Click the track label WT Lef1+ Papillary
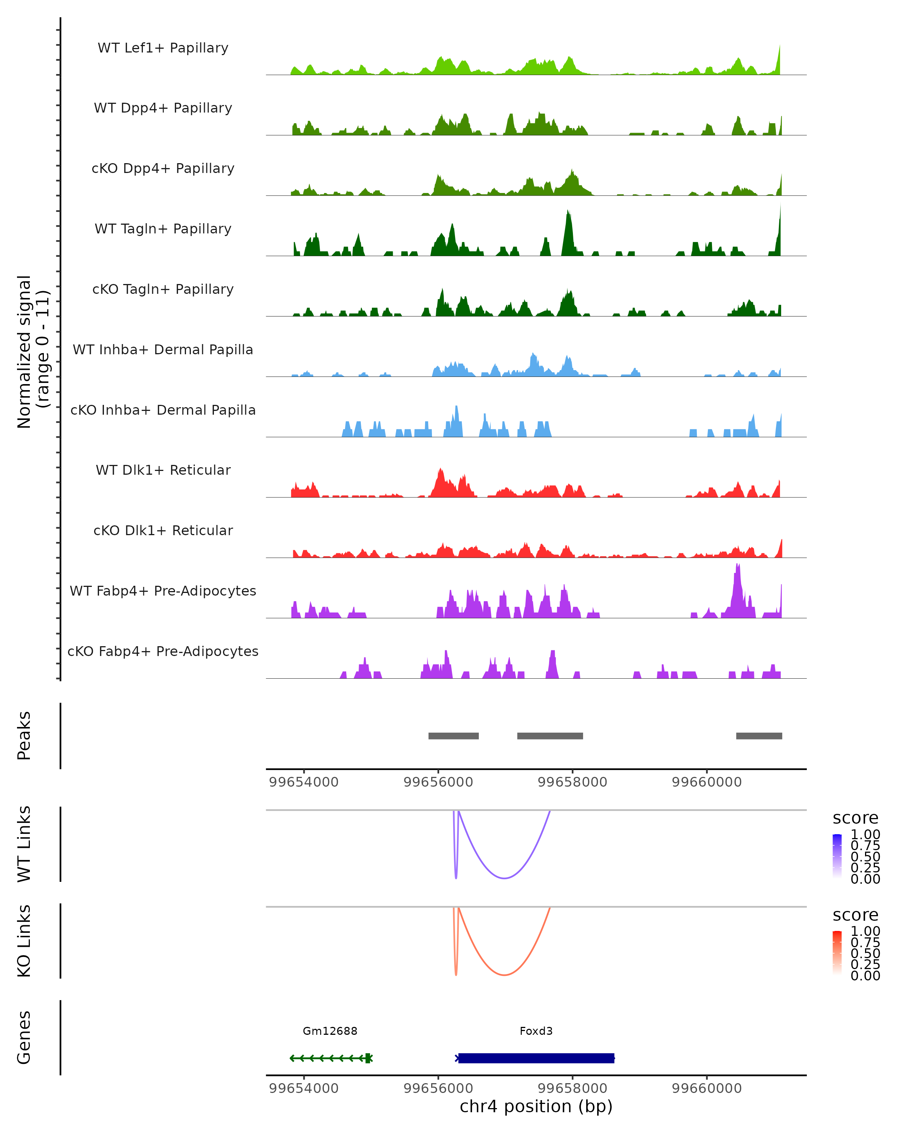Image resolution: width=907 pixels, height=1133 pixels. tap(163, 48)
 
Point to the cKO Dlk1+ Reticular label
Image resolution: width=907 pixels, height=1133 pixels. tap(163, 530)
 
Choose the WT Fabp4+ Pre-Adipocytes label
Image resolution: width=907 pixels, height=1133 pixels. tap(163, 591)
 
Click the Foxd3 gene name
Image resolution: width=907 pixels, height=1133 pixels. tap(536, 1031)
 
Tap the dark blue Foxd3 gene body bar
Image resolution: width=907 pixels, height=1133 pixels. tap(536, 1058)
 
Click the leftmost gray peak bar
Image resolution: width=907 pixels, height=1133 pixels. tap(453, 736)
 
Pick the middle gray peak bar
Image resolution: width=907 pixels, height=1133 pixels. tap(550, 736)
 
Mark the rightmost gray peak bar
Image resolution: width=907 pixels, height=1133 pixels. tap(759, 736)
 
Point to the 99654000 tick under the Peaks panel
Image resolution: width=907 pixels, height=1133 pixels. tap(303, 782)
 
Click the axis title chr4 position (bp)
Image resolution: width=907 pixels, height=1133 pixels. tap(536, 1106)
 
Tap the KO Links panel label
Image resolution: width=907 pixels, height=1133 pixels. tap(24, 941)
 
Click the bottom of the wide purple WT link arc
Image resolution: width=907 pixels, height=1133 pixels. tap(504, 878)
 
